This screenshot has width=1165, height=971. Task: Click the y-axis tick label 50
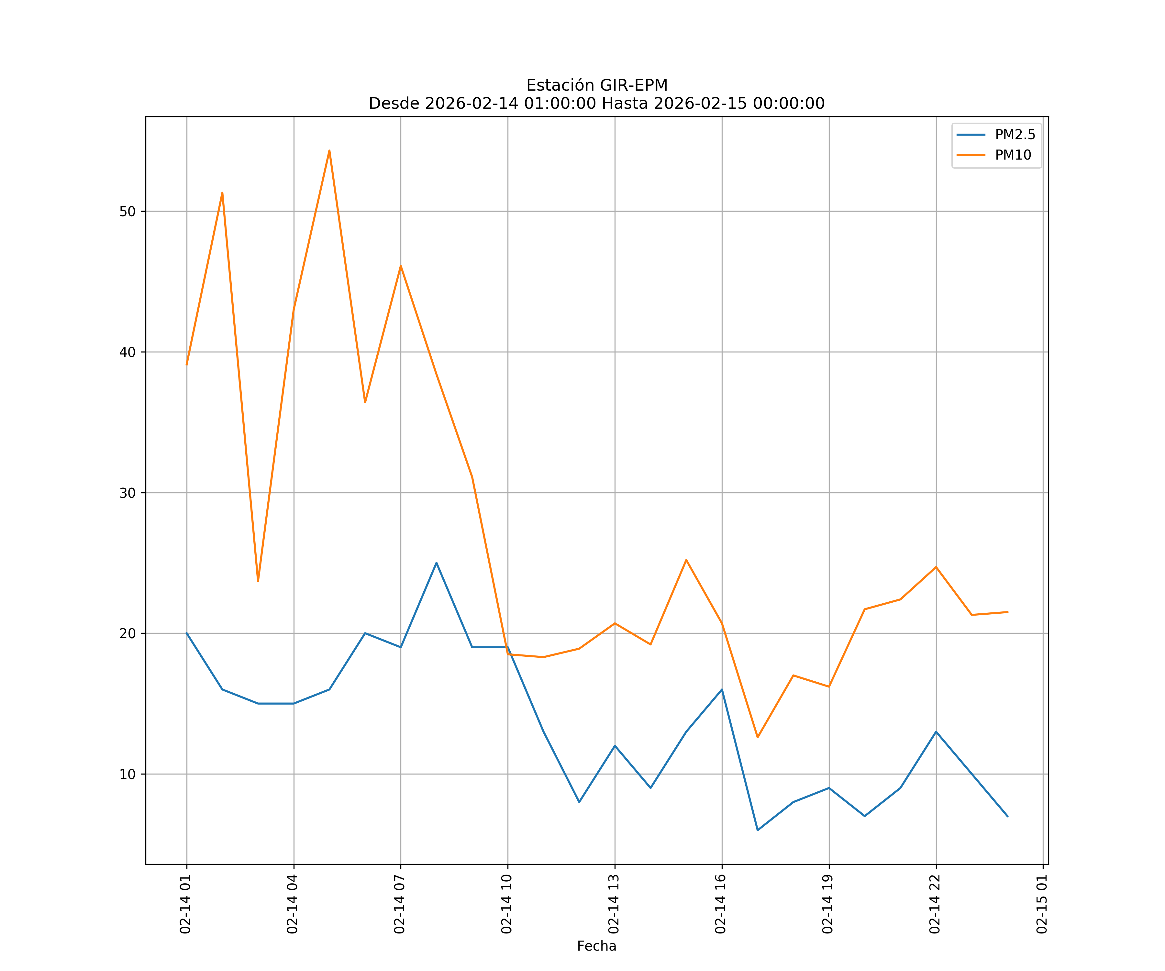[x=128, y=211]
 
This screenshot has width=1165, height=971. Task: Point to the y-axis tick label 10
[x=128, y=774]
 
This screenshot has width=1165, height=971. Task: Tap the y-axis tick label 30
[x=128, y=493]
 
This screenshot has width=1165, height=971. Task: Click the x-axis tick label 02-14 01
[x=186, y=904]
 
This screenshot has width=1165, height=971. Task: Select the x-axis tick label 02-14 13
[x=614, y=904]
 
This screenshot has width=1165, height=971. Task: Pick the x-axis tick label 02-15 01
[x=1042, y=904]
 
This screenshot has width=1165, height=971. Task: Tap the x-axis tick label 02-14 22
[x=935, y=904]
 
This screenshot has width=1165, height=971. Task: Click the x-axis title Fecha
[x=596, y=946]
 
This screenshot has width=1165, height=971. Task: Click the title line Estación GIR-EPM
[x=596, y=85]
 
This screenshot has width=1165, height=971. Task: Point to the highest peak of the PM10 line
[x=329, y=151]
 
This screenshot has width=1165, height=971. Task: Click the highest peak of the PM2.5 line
[x=437, y=563]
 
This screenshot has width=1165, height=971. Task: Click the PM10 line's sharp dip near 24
[x=258, y=581]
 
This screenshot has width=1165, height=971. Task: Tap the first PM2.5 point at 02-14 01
[x=187, y=633]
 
